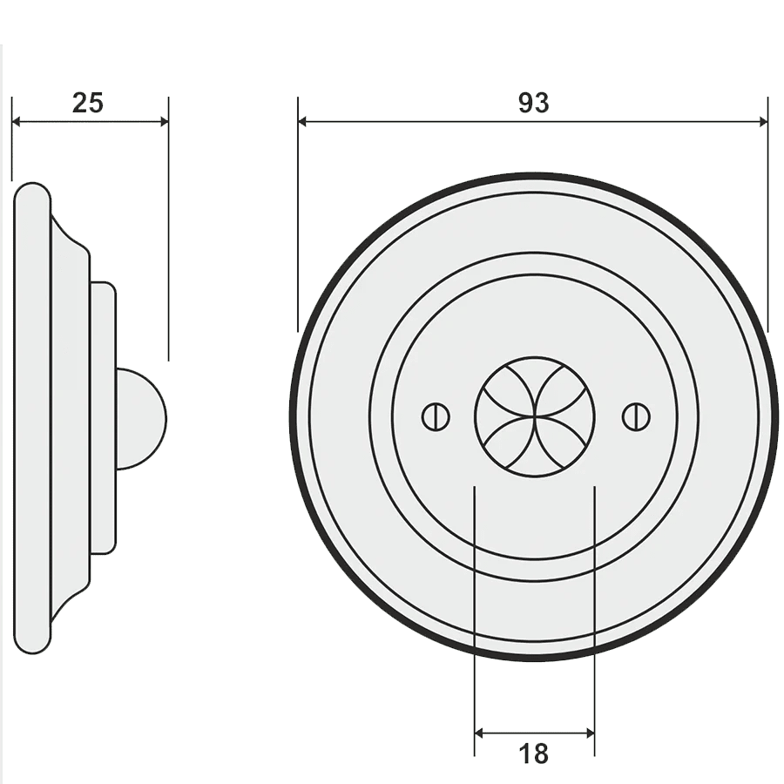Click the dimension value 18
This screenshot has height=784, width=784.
coord(533,753)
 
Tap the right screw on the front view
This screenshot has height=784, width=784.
coord(636,416)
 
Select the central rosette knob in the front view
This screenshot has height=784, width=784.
coord(534,416)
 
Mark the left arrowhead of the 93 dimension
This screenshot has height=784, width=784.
coord(305,122)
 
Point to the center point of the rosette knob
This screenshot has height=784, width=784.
coord(534,416)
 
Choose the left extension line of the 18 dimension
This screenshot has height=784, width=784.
coord(475,610)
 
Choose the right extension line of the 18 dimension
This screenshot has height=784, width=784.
coord(594,610)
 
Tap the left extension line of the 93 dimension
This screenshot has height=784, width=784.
coord(298,218)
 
